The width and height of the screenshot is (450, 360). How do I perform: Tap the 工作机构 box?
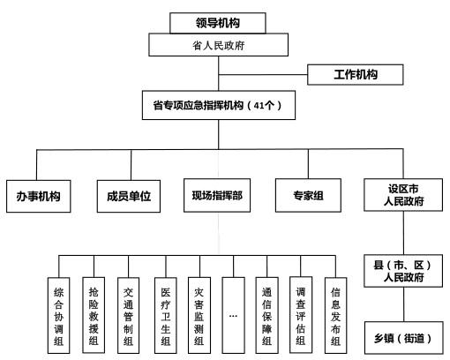point(355,74)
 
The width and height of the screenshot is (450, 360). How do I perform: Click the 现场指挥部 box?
point(217,194)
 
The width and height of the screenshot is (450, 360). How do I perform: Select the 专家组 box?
point(307,194)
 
